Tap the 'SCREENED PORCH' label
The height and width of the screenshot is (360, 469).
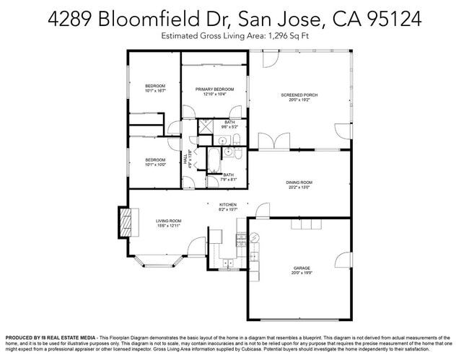coord(299,95)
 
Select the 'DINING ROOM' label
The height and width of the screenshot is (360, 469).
coord(299,183)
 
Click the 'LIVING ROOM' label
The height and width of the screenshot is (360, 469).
coord(168,221)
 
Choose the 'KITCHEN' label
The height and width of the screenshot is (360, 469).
coord(228,204)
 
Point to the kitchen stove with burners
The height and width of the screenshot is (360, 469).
coord(253,254)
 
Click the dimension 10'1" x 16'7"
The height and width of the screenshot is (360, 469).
coord(155,92)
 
